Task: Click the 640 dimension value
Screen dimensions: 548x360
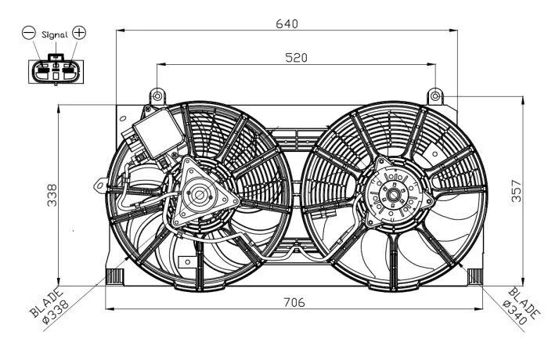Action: pyautogui.click(x=287, y=23)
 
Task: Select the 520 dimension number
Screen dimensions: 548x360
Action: pyautogui.click(x=296, y=58)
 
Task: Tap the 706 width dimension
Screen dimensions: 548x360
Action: pyautogui.click(x=294, y=302)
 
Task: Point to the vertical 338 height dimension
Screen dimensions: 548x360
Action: pyautogui.click(x=52, y=195)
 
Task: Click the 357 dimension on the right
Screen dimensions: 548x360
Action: pyautogui.click(x=516, y=191)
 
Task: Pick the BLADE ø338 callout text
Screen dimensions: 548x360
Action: pyautogui.click(x=49, y=304)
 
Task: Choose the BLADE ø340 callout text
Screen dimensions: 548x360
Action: pyautogui.click(x=521, y=305)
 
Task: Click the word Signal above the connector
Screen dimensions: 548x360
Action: pyautogui.click(x=55, y=34)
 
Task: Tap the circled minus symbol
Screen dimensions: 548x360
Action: pyautogui.click(x=29, y=33)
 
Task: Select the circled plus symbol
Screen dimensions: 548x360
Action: pyautogui.click(x=79, y=33)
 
